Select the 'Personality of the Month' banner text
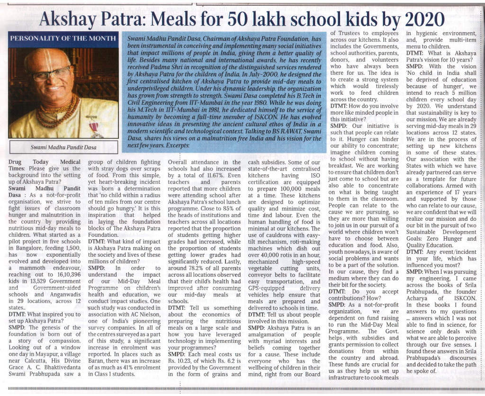63,38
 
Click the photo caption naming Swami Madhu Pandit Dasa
63,147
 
